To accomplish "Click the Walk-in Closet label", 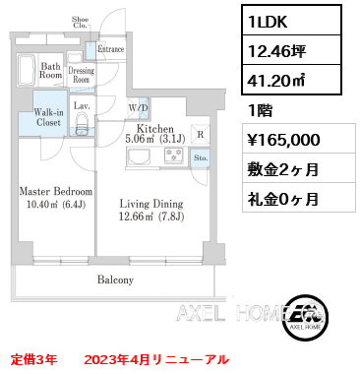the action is click(x=48, y=117).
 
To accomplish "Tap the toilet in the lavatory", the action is click(x=82, y=123).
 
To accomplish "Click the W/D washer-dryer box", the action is click(x=139, y=108).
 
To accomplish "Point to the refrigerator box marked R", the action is click(x=201, y=134).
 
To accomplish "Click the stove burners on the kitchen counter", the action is click(x=174, y=156).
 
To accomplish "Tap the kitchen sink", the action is click(x=139, y=156).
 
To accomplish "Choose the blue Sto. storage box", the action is click(x=201, y=158).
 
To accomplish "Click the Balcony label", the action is click(x=115, y=280).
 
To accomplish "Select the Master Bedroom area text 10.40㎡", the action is click(x=38, y=205).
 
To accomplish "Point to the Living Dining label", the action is click(x=151, y=204).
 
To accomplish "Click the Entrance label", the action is click(x=110, y=49).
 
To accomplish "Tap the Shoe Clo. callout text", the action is click(x=81, y=23).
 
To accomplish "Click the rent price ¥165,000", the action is click(x=284, y=140).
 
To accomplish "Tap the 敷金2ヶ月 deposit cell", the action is click(x=282, y=169).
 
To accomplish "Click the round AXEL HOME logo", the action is click(x=307, y=317).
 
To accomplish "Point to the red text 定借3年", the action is click(x=34, y=359).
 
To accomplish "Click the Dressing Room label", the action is click(x=81, y=75).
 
